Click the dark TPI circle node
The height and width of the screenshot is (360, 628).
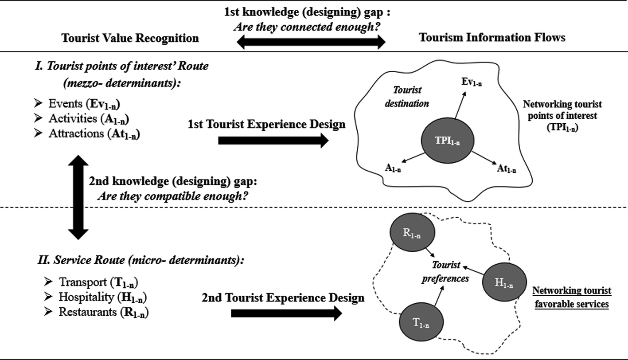tap(447, 141)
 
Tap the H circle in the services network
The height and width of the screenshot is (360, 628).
tap(504, 282)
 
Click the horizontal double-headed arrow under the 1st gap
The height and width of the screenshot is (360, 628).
tap(311, 43)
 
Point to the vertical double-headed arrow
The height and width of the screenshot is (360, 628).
tap(78, 197)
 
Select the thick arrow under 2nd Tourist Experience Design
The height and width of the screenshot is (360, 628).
tap(286, 313)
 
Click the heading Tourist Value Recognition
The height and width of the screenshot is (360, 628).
tap(130, 38)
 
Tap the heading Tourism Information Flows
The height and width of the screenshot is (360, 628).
tap(492, 38)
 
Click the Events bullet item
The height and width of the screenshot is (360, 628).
tap(84, 104)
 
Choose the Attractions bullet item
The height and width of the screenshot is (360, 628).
tap(94, 133)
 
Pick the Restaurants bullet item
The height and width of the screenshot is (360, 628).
tap(103, 312)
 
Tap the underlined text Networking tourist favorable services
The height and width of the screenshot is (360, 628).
tap(571, 297)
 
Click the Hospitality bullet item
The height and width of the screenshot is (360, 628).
tap(103, 297)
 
